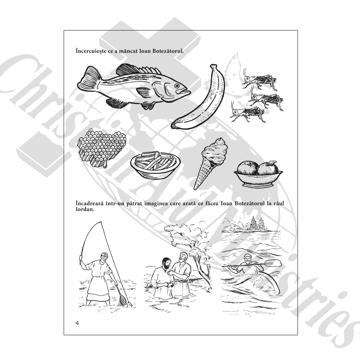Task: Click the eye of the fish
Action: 177,86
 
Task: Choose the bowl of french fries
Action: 155,165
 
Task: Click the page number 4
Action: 77,323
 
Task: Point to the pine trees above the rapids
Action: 255,223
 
